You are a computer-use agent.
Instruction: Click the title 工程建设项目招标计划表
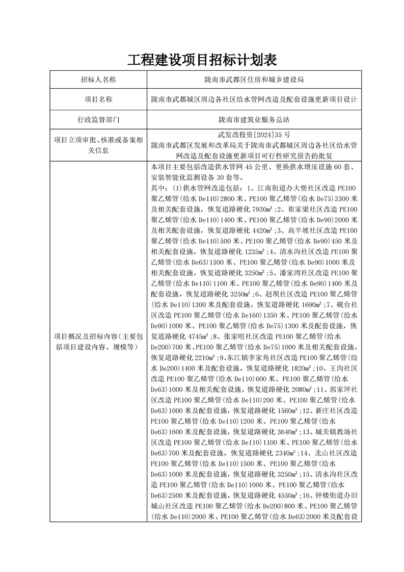click(x=202, y=60)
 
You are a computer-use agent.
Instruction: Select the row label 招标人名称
click(x=98, y=80)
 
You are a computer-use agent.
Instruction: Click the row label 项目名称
click(x=98, y=99)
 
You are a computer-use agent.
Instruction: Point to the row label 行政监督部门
click(x=98, y=120)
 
